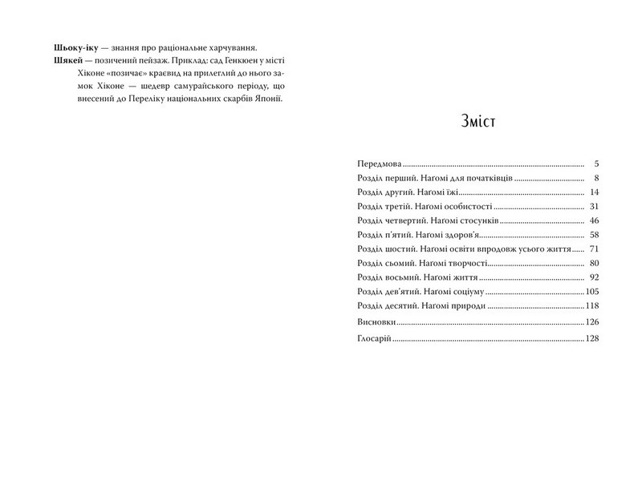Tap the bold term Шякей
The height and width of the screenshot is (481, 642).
click(67, 62)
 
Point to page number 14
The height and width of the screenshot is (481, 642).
click(595, 192)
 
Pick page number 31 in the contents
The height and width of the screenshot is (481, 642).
click(595, 206)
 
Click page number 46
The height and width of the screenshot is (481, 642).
click(595, 220)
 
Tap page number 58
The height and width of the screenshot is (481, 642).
click(595, 235)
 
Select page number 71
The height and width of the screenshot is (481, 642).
click(595, 249)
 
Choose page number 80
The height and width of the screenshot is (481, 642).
click(595, 263)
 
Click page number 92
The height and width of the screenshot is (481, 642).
click(595, 277)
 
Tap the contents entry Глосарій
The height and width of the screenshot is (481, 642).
click(373, 339)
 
